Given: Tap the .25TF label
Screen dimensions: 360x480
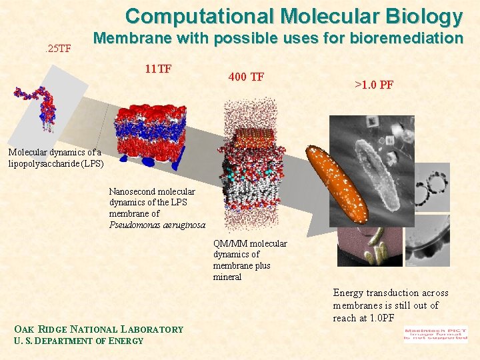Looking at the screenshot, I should coord(57,48).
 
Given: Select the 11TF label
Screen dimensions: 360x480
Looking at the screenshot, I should coord(159,68).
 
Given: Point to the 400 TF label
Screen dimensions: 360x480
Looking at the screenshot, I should coord(246,77).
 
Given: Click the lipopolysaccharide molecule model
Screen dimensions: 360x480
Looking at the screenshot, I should coord(40,107).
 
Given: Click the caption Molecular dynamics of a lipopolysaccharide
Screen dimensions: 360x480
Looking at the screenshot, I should coord(55,157).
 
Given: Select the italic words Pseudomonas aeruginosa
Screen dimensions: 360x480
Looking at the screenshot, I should coord(157,225).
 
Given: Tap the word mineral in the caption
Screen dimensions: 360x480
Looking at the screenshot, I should coord(227,277).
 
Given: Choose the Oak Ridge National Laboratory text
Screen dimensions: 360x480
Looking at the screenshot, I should coord(99,329).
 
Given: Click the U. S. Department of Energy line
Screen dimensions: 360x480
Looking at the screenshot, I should coord(79,341).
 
